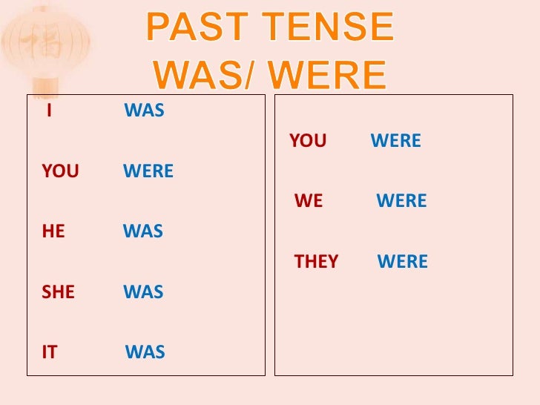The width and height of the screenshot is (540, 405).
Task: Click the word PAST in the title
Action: click(x=189, y=27)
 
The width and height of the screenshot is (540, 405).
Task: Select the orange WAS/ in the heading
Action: click(x=200, y=75)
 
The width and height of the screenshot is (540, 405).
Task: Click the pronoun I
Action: click(x=48, y=111)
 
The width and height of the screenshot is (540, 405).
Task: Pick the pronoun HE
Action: click(x=53, y=231)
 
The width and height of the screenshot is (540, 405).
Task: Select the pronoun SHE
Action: click(x=59, y=292)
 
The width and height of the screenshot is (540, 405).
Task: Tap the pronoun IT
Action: click(x=50, y=352)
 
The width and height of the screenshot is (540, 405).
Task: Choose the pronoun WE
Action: click(x=309, y=201)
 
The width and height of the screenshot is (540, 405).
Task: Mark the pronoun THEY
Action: click(x=316, y=262)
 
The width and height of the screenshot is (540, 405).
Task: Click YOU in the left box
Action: click(x=60, y=171)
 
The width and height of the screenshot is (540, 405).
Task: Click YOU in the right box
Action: click(x=308, y=141)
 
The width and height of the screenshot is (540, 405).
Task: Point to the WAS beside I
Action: click(x=144, y=111)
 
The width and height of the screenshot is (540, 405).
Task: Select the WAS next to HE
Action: click(x=143, y=231)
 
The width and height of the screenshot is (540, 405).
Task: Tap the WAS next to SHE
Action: click(x=143, y=292)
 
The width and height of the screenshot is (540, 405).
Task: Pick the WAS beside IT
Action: click(x=145, y=352)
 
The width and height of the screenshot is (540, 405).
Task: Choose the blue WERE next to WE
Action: click(x=401, y=201)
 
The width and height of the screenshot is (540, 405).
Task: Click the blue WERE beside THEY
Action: click(x=403, y=262)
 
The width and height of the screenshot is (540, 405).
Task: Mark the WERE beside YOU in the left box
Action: click(x=148, y=171)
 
